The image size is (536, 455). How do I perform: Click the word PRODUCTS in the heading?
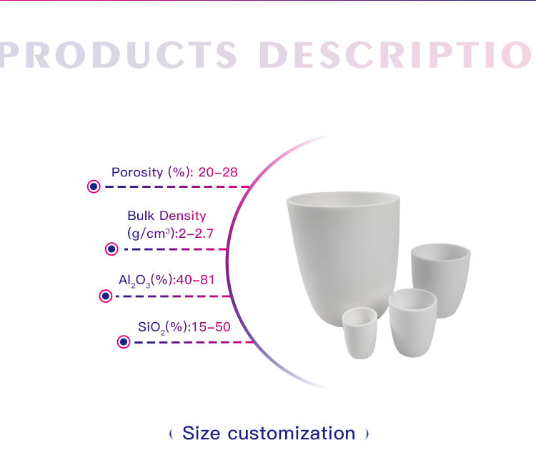coord(118,55)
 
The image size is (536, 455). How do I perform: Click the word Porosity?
coord(137,173)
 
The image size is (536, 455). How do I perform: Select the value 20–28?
coord(218,172)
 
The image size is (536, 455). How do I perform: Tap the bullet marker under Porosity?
coord(94,186)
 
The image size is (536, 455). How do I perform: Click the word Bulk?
coord(141,216)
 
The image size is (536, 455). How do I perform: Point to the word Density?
coord(183,216)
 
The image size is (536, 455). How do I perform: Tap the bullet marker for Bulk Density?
coord(111,249)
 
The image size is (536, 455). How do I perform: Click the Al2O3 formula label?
coord(134,281)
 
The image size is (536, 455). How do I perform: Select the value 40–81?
coord(196,280)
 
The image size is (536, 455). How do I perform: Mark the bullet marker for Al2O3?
coord(106,296)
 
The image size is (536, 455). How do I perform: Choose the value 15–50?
coord(211,327)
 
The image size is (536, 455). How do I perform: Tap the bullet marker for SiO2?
coord(124,341)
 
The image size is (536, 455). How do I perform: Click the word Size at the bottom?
coord(202,433)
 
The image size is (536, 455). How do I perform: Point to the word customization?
coord(292,434)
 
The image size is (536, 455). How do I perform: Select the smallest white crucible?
coord(359,333)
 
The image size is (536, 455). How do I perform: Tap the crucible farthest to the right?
coord(441,279)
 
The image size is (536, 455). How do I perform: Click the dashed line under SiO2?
coord(194,342)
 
